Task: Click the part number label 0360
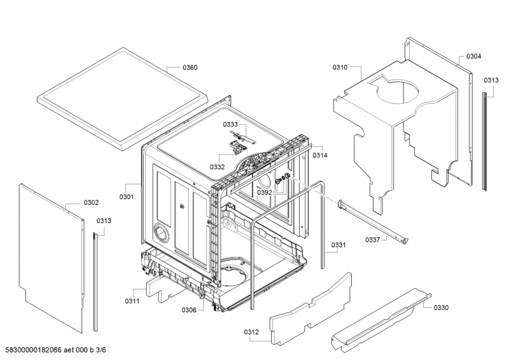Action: point(190,67)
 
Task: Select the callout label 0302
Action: point(91,203)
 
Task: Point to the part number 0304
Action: point(473,56)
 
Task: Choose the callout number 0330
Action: point(441,308)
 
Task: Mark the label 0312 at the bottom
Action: point(251,331)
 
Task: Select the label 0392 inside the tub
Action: point(264,191)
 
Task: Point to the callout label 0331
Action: point(338,245)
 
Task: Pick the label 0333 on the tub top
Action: point(230,125)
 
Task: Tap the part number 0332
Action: point(218,167)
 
